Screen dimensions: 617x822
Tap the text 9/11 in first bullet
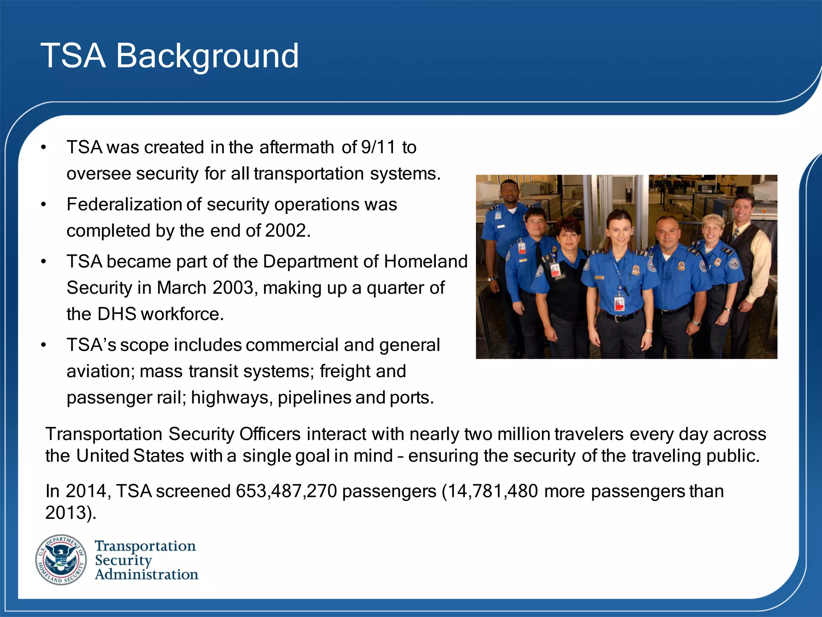click(378, 147)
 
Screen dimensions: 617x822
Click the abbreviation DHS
click(116, 314)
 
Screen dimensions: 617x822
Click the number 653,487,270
click(286, 491)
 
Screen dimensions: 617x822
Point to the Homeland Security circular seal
click(61, 560)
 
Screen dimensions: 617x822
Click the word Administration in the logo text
click(146, 574)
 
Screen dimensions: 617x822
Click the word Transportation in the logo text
click(145, 546)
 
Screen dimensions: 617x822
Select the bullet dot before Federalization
click(44, 205)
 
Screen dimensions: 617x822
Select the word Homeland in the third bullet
click(425, 262)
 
